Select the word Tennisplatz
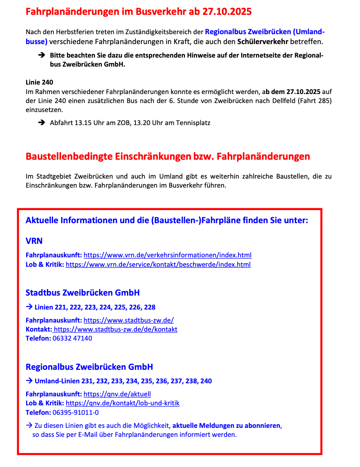coord(192,122)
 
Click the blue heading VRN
coord(34,241)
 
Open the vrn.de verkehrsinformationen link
coord(167,255)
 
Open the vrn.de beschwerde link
coord(158,264)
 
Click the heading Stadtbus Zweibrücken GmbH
coord(83,293)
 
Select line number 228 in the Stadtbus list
coord(150,307)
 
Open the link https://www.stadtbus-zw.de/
coord(129,320)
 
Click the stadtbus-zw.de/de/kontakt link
coord(115,329)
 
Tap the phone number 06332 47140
coord(72,338)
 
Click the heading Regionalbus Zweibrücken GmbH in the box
coord(89,367)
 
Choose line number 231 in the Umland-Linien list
coord(88,381)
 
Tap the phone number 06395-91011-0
coord(76,412)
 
